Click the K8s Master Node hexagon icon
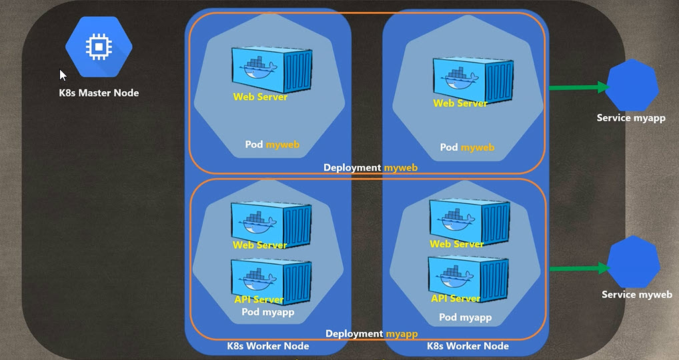(x=99, y=47)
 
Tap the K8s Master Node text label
(x=99, y=93)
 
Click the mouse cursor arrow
(x=63, y=75)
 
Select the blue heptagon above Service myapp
(x=632, y=85)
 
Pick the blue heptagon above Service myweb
(x=633, y=262)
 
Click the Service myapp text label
(x=631, y=118)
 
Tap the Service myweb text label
(x=636, y=295)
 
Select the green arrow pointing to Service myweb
(x=579, y=269)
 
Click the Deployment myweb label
(x=370, y=167)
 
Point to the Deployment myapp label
(x=371, y=333)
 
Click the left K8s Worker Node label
(x=268, y=346)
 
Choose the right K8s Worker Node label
(x=468, y=346)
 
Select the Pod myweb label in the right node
(x=467, y=147)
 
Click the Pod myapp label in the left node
(x=267, y=312)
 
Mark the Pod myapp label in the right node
(x=465, y=318)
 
